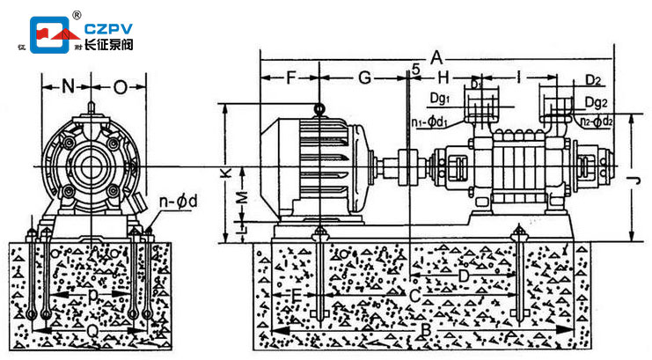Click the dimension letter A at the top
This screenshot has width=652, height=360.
(x=437, y=58)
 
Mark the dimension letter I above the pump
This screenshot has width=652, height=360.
(x=520, y=77)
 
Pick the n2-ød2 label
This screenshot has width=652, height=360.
(x=598, y=121)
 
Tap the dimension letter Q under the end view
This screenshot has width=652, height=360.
(x=94, y=328)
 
